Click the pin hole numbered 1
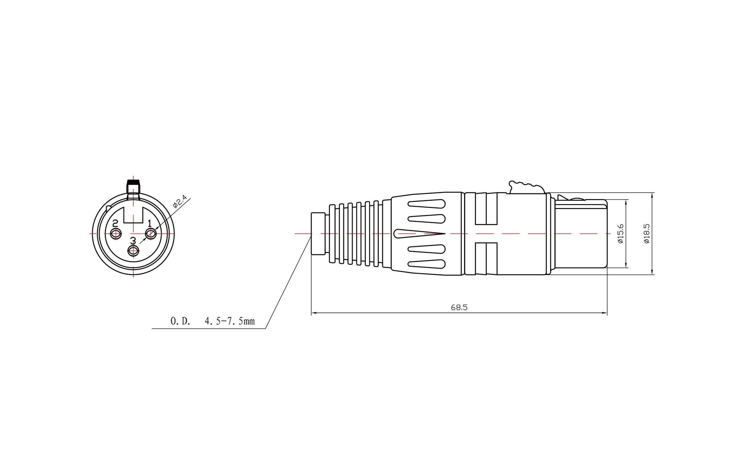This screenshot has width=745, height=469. tap(151, 233)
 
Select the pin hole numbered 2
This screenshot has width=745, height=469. tap(116, 233)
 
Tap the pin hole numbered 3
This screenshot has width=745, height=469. tap(133, 251)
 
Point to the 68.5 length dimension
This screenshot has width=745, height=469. tap(459, 307)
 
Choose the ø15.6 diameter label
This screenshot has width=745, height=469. tap(621, 234)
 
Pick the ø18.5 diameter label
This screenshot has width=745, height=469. tap(647, 234)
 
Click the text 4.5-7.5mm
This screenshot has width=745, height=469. tap(230, 321)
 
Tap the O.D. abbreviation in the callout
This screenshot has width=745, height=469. tap(180, 321)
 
